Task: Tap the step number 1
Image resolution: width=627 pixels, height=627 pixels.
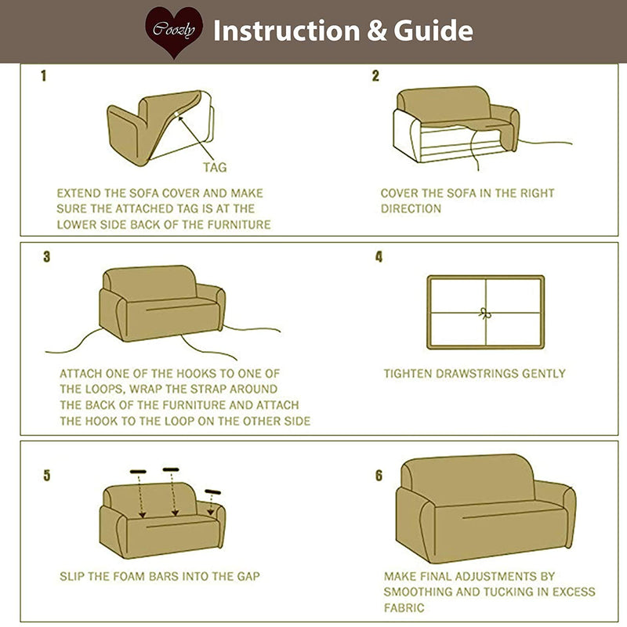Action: [44, 77]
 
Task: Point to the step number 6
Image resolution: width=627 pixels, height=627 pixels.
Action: [379, 476]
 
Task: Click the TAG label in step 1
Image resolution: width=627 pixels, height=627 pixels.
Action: [216, 167]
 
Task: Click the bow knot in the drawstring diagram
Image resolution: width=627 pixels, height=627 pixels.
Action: [484, 312]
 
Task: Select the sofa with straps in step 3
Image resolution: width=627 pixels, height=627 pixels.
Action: [161, 303]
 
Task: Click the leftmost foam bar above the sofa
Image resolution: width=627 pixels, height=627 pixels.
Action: [138, 472]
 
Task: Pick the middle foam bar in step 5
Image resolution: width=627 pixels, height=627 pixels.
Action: [172, 469]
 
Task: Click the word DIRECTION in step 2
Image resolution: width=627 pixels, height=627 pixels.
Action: [411, 208]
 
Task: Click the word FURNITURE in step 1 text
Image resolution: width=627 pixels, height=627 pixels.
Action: [235, 224]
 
